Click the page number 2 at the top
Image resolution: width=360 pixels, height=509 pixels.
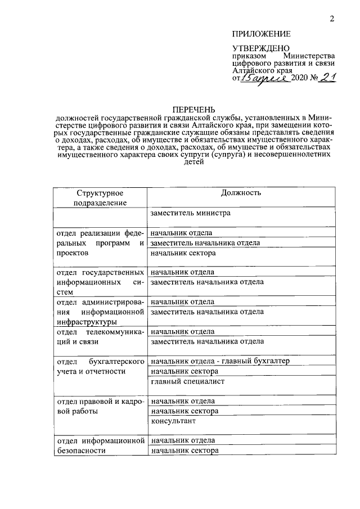[x=332, y=19]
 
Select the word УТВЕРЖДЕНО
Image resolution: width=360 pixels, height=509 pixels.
[x=262, y=49]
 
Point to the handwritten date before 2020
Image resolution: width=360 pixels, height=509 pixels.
[x=264, y=78]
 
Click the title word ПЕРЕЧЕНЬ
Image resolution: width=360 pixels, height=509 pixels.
[x=193, y=109]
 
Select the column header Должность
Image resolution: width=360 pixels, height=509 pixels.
[x=241, y=193]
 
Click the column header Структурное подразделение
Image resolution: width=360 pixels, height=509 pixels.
[x=100, y=197]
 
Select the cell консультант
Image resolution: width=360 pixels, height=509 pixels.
[x=173, y=421]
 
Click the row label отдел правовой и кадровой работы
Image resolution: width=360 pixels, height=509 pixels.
[x=100, y=406]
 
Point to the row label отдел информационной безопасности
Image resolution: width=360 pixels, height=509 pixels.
[x=100, y=445]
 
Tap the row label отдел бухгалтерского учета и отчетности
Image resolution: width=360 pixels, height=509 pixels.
[x=100, y=366]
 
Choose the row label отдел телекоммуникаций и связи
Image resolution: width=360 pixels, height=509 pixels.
[x=100, y=336]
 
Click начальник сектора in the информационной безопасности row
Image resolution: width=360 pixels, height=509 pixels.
[x=184, y=451]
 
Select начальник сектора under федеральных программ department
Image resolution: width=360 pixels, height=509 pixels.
[x=184, y=253]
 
